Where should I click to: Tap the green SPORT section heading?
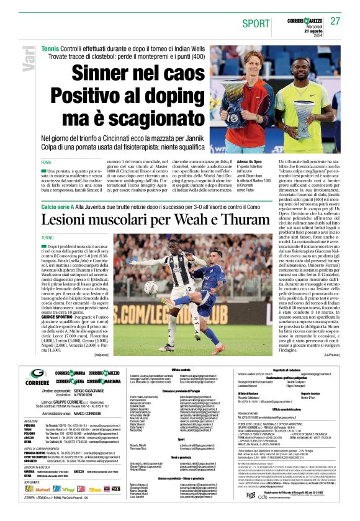[x=257, y=22]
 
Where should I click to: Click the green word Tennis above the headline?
[x=50, y=48]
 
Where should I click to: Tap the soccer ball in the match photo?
[x=151, y=287]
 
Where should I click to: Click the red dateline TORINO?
[x=49, y=238]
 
